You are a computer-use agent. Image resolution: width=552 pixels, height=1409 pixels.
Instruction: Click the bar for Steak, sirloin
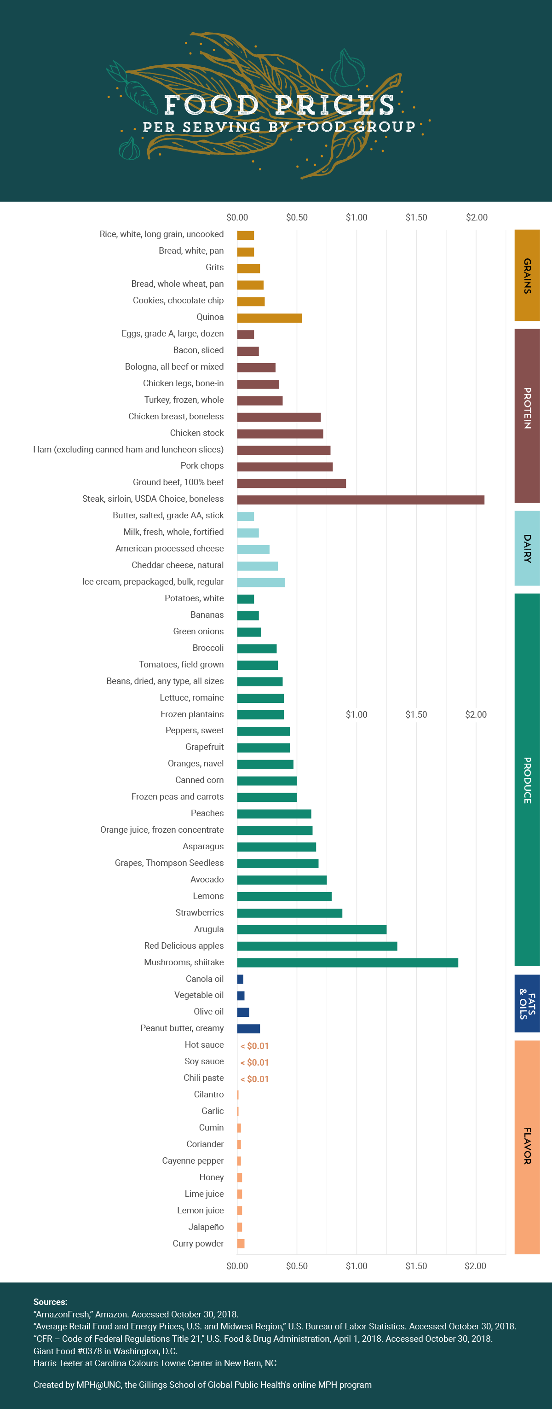point(361,499)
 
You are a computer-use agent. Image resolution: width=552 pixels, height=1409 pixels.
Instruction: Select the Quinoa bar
point(270,318)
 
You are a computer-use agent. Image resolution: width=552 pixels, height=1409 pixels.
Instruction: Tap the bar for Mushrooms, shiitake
point(348,963)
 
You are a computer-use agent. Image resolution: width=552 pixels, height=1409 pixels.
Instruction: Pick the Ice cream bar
point(261,583)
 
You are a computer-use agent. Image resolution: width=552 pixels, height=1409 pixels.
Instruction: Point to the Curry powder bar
point(241,1244)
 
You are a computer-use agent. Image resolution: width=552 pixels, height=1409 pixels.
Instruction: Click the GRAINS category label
point(527,275)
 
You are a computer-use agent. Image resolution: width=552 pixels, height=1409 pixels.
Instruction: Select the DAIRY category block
point(527,548)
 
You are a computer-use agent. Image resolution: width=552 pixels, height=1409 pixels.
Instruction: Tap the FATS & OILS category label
point(527,1003)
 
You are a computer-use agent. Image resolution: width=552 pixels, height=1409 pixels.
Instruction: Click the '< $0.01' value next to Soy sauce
point(255,1062)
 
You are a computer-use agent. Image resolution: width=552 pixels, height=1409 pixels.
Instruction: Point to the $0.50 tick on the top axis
point(297,217)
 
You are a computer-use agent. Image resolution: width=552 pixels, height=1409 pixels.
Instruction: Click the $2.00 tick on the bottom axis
point(476,1266)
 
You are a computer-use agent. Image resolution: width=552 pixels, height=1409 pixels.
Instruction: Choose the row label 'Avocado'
point(207,879)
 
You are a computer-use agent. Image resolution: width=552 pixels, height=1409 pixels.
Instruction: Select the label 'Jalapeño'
point(206,1227)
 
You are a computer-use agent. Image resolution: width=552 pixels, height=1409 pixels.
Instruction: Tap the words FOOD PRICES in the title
point(279,104)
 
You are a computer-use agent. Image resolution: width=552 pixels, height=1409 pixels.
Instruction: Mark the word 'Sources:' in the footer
point(50,1302)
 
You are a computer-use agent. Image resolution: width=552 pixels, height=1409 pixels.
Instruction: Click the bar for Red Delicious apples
point(317,946)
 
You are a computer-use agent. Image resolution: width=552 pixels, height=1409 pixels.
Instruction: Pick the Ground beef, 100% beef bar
point(291,483)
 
